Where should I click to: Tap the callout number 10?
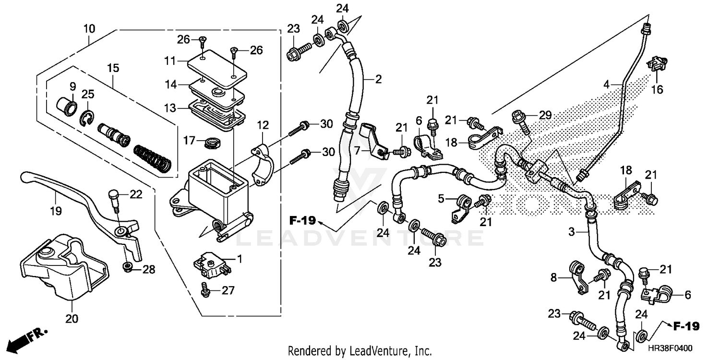click(x=89, y=29)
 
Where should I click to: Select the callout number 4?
click(x=607, y=85)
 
